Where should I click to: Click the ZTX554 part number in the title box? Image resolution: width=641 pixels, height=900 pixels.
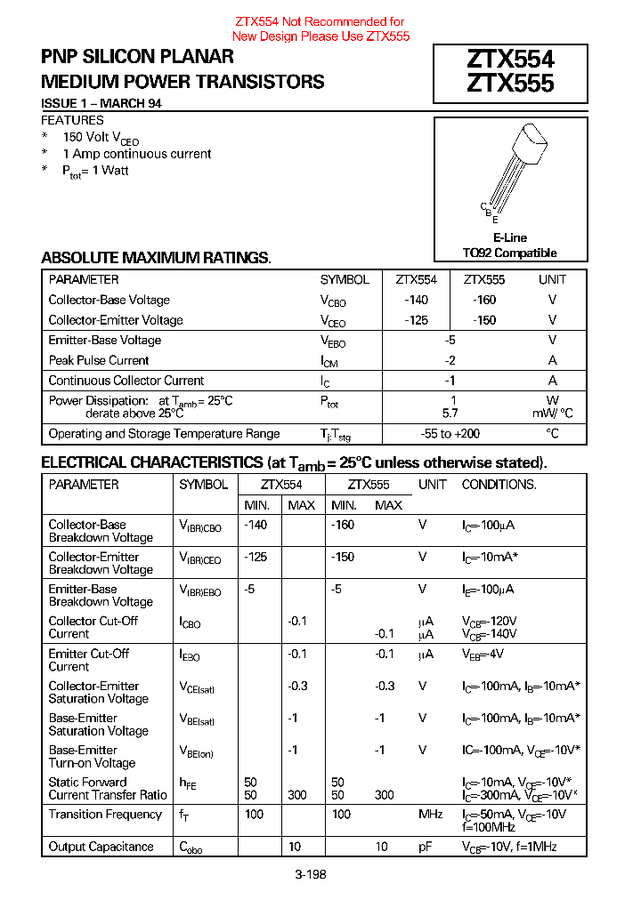(x=510, y=60)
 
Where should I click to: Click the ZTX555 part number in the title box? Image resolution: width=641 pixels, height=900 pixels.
(x=510, y=83)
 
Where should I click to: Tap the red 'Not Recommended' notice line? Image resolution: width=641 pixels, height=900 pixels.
(x=320, y=21)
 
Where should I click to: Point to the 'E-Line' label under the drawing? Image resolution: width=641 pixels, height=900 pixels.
(x=509, y=237)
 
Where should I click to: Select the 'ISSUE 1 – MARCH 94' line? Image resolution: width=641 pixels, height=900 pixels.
(x=101, y=103)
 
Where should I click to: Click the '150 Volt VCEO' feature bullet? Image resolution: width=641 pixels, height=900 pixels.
(x=101, y=138)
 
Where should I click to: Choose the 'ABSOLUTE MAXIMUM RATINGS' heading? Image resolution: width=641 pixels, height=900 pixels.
(x=156, y=258)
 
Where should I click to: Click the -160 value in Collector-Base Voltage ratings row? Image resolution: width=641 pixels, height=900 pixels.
(x=484, y=300)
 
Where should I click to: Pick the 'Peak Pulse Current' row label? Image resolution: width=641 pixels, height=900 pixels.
(x=99, y=360)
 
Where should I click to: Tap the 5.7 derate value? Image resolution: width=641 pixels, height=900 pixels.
(x=450, y=414)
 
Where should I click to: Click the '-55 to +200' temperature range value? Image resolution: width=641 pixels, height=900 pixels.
(x=450, y=434)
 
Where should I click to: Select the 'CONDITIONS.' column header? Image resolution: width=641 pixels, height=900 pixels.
(x=499, y=485)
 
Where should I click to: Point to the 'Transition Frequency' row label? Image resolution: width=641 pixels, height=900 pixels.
(x=105, y=815)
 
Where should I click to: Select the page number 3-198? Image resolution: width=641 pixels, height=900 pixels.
(x=311, y=874)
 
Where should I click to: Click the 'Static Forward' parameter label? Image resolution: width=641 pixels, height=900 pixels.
(x=87, y=783)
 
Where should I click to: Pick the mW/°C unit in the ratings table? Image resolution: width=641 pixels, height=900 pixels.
(x=552, y=414)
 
